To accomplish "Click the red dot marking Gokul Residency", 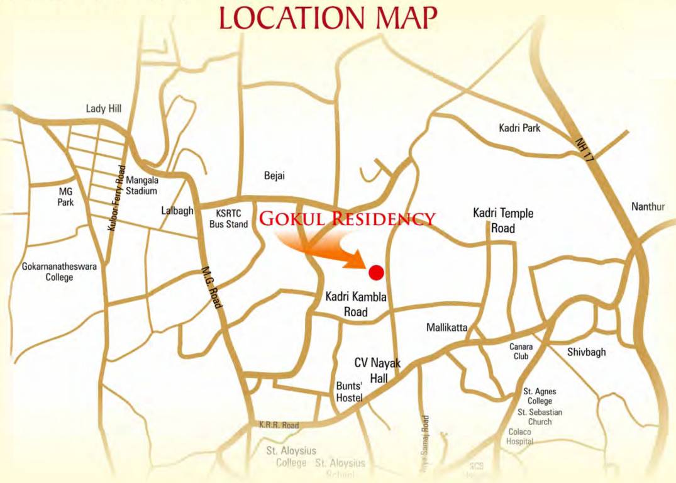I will pos(376,272).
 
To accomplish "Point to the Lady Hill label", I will pos(103,109).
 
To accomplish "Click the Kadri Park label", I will pos(519,128).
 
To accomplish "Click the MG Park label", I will pos(66,196).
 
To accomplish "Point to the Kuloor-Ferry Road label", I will pos(117,197).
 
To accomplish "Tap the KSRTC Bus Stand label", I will pos(228,218).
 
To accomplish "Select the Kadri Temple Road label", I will pos(503,220).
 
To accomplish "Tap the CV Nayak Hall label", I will pos(377,370).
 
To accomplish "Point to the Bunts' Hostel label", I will pos(350,392).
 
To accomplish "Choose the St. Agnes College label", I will pos(540,396).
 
